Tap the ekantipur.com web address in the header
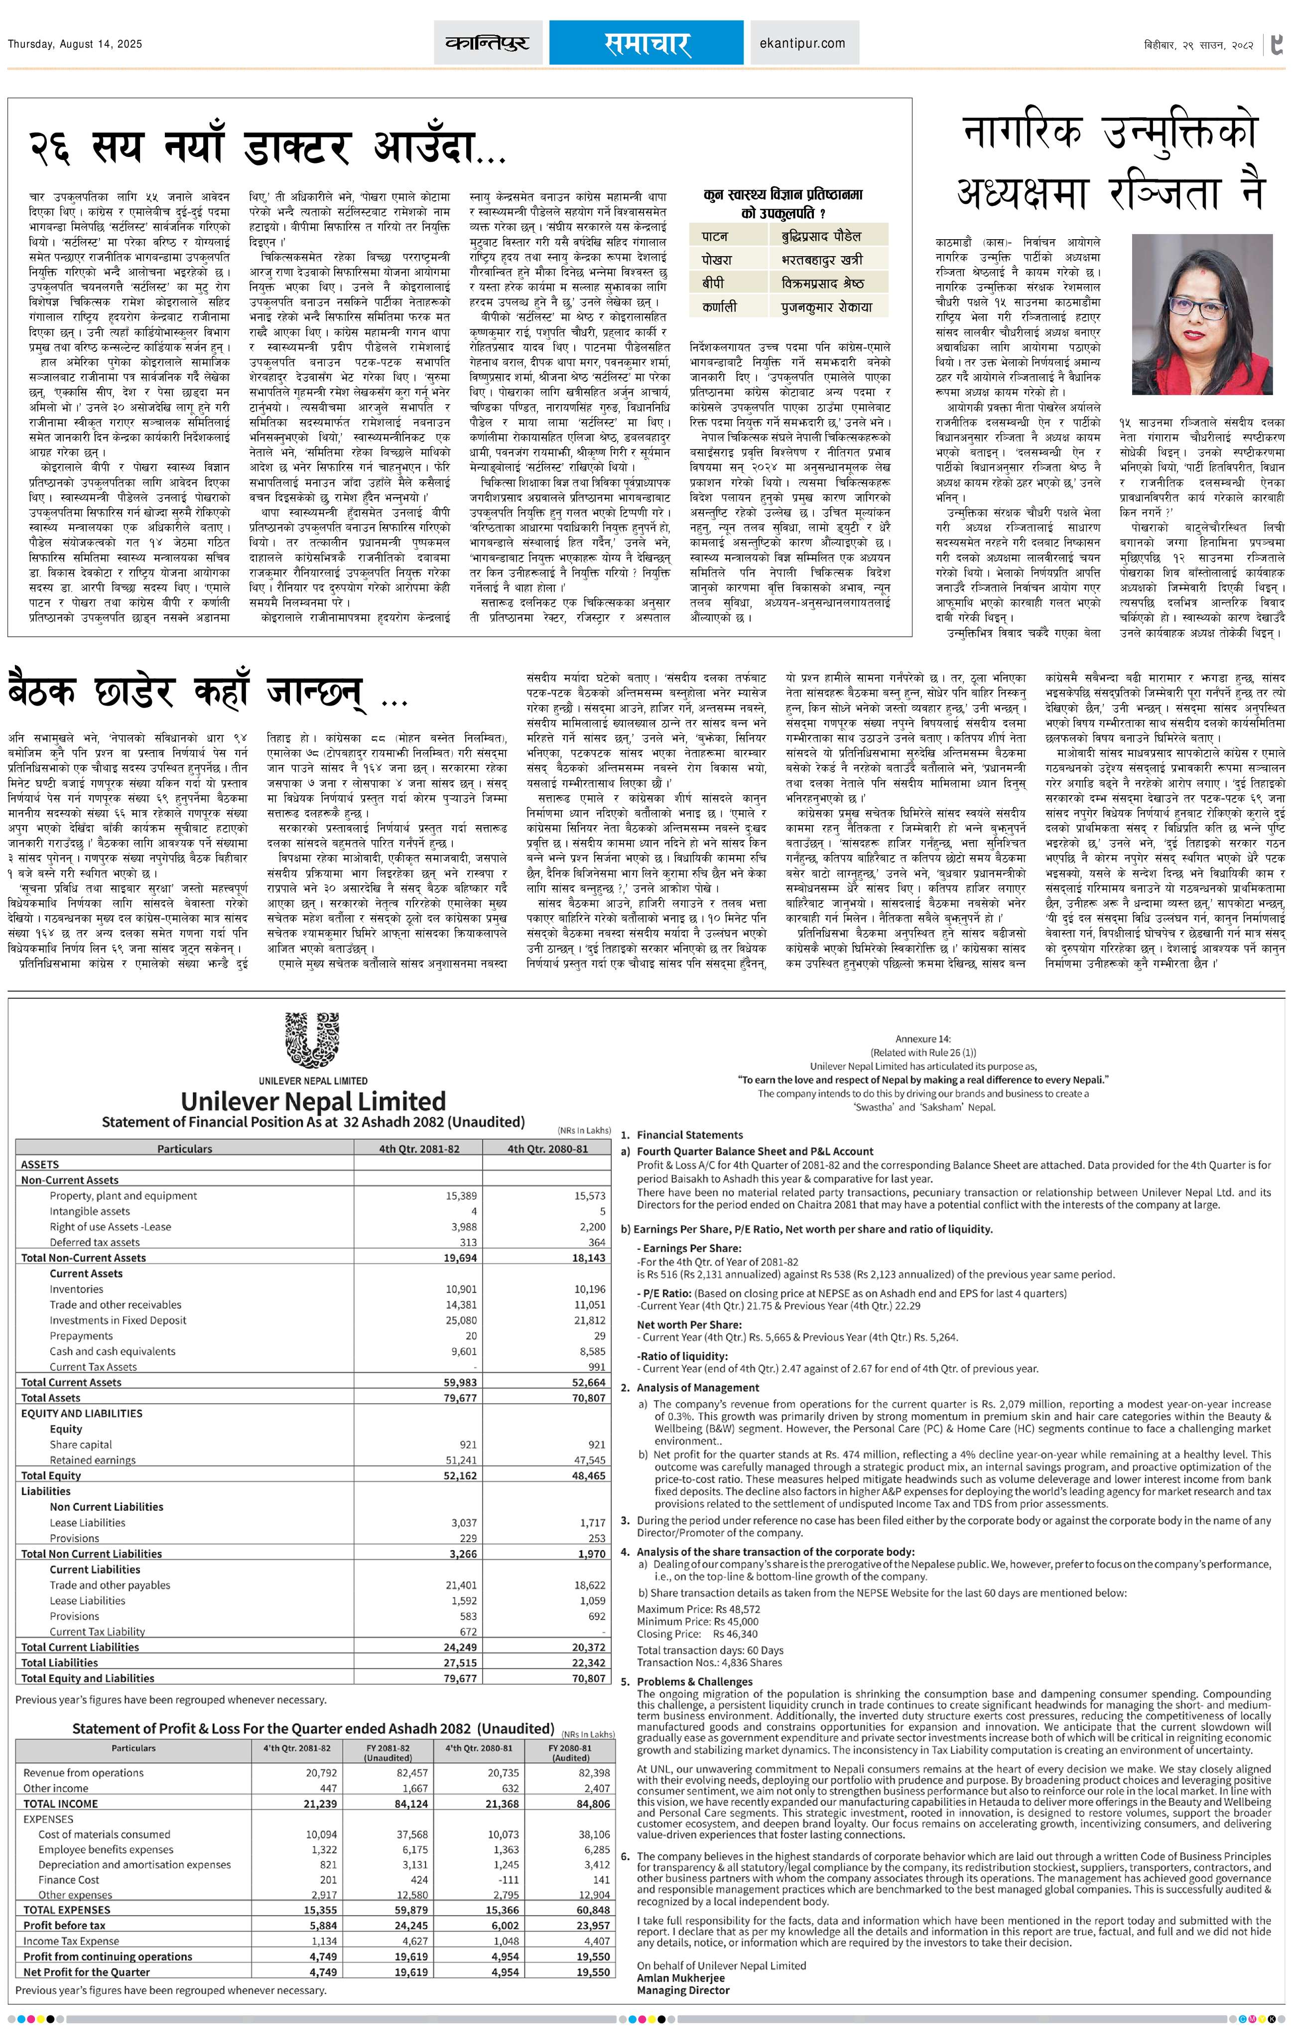tap(802, 43)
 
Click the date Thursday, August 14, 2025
tap(75, 44)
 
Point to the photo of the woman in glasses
tap(1201, 314)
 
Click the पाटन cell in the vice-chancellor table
tap(714, 236)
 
